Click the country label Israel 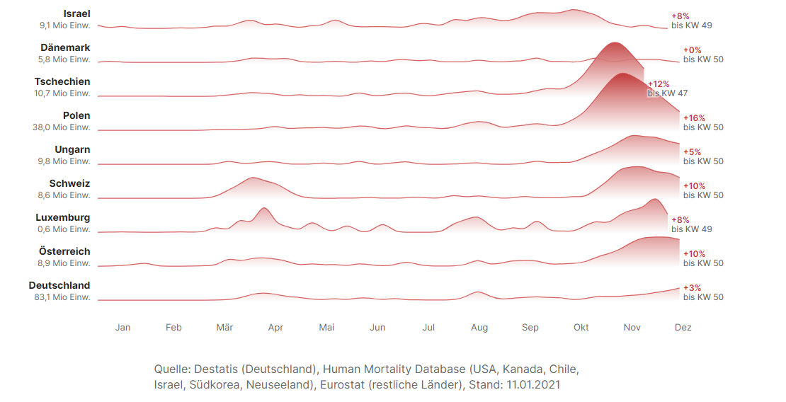(x=76, y=13)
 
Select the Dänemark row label (x=65, y=47)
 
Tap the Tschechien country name (x=62, y=81)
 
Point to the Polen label (x=76, y=115)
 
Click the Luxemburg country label (x=63, y=217)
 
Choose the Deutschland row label (x=59, y=285)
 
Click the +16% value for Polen (x=694, y=117)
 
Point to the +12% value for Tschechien (x=659, y=84)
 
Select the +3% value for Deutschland (x=692, y=287)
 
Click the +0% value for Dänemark (x=692, y=50)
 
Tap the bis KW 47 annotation (x=668, y=93)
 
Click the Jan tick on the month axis (x=123, y=328)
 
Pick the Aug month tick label (x=479, y=328)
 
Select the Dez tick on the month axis (x=683, y=328)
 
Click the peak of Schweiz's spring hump (x=251, y=178)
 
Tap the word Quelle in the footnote (x=172, y=369)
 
